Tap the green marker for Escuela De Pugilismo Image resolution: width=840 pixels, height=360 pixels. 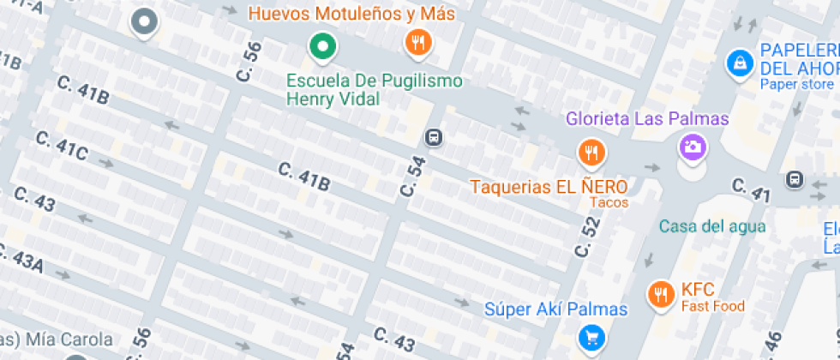322,45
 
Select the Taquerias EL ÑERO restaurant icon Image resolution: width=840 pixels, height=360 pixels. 591,153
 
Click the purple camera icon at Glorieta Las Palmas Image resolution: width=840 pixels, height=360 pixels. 693,147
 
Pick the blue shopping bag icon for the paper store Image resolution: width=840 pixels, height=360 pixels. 738,62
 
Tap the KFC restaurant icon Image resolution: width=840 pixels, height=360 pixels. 659,293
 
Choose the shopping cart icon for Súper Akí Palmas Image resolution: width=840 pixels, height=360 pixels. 590,336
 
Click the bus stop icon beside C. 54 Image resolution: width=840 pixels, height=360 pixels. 435,138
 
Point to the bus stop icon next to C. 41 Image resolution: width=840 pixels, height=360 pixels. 795,179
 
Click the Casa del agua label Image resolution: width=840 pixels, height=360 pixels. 711,226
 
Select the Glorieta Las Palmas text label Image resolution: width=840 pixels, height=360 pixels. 647,119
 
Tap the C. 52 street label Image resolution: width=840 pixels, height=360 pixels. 587,237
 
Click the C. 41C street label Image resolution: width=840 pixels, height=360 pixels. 62,146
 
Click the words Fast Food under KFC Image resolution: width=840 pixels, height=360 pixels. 713,306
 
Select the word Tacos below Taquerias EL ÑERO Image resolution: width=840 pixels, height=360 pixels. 609,203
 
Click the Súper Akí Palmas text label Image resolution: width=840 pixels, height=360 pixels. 555,309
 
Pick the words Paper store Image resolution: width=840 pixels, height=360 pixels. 796,84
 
